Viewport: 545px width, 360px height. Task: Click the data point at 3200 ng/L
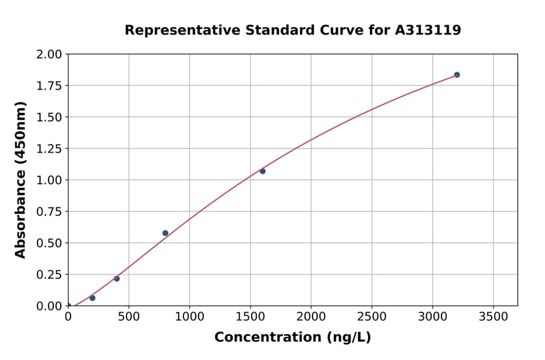coord(457,75)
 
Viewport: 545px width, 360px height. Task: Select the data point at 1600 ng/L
coord(262,171)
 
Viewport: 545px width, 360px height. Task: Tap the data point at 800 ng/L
coord(165,233)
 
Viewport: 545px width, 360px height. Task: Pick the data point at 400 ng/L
coord(117,279)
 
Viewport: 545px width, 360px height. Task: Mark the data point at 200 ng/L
coord(92,298)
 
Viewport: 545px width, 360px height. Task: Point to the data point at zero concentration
coord(68,305)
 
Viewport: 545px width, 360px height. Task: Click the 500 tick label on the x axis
coord(128,317)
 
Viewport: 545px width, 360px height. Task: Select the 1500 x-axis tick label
coord(250,317)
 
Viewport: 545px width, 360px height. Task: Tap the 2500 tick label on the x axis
coord(372,317)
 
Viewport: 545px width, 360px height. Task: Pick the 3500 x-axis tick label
coord(493,317)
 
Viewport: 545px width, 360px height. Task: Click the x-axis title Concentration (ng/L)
coord(292,338)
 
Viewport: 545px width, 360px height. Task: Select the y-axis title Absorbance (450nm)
coord(21,180)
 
